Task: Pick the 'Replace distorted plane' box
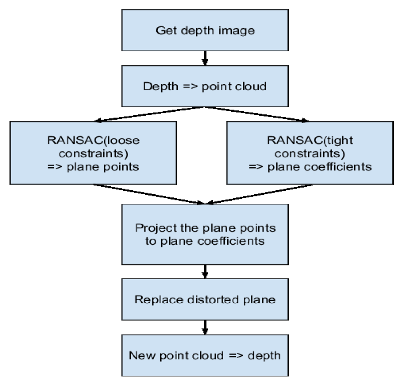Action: tap(204, 299)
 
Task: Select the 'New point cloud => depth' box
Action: tap(204, 355)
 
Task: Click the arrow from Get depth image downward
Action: tap(204, 57)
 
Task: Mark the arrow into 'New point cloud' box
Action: tap(204, 327)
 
